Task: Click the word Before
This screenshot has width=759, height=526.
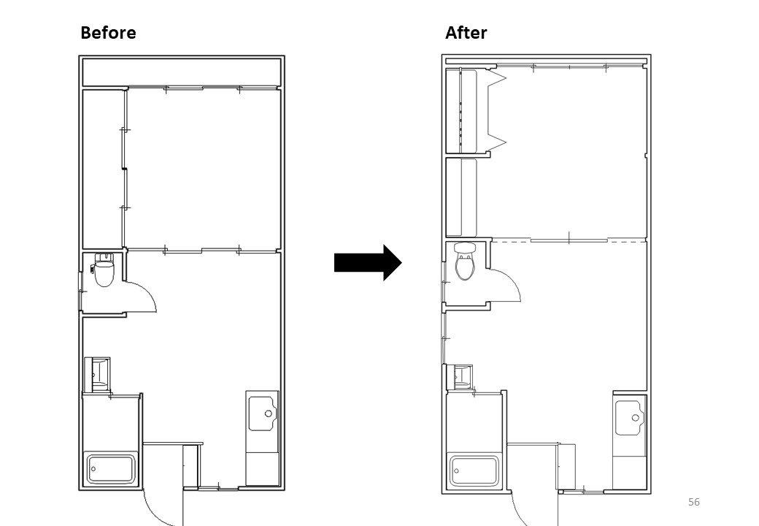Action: [108, 32]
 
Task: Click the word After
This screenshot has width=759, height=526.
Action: [466, 32]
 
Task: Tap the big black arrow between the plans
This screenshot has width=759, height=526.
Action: [368, 262]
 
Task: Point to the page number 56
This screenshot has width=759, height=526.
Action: [693, 502]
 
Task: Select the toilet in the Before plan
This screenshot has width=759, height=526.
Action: [103, 270]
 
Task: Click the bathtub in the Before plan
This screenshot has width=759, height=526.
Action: [112, 468]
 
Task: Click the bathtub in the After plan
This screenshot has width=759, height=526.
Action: [474, 470]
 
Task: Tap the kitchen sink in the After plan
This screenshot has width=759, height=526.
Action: [631, 417]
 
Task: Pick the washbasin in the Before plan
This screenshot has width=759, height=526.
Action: [97, 374]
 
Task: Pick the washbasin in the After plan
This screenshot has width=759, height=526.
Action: [462, 376]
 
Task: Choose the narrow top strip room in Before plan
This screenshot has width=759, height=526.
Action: [182, 72]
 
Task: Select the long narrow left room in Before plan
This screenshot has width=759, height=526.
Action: [102, 169]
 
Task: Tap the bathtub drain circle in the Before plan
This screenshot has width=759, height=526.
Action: [93, 469]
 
